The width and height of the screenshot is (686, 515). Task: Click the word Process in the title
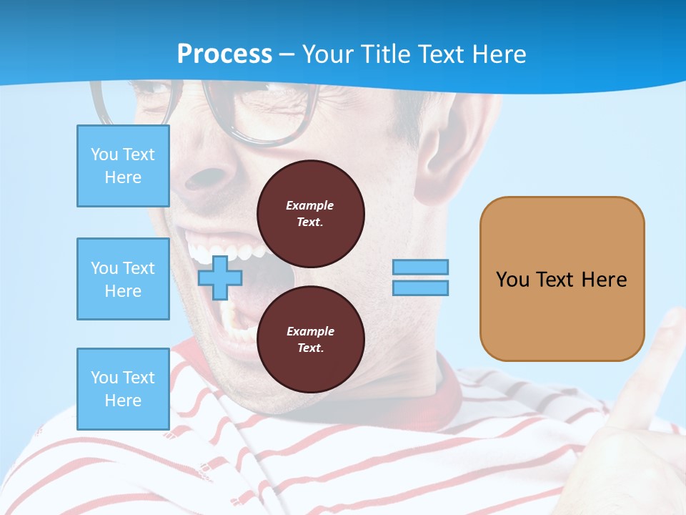point(224,54)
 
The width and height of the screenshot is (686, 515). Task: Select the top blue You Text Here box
point(123,166)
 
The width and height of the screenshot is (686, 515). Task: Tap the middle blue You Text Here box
point(123,279)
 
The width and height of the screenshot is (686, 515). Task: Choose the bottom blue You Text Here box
point(123,389)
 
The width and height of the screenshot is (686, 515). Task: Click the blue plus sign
point(220,278)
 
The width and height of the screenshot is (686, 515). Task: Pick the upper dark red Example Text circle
point(311,213)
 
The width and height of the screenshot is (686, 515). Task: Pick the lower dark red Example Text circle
point(311,339)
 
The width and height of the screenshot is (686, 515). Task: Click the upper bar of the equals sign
point(421,267)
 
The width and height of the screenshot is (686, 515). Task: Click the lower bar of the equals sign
point(421,288)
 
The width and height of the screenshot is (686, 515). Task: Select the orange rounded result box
point(562,278)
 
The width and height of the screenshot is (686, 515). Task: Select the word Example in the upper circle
point(309,205)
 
